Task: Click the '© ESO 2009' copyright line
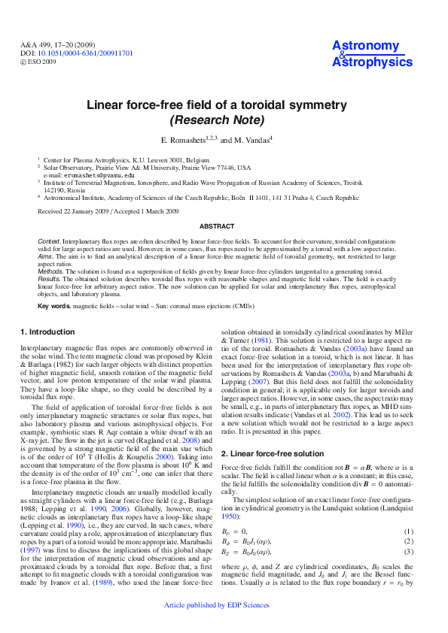tap(40, 62)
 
